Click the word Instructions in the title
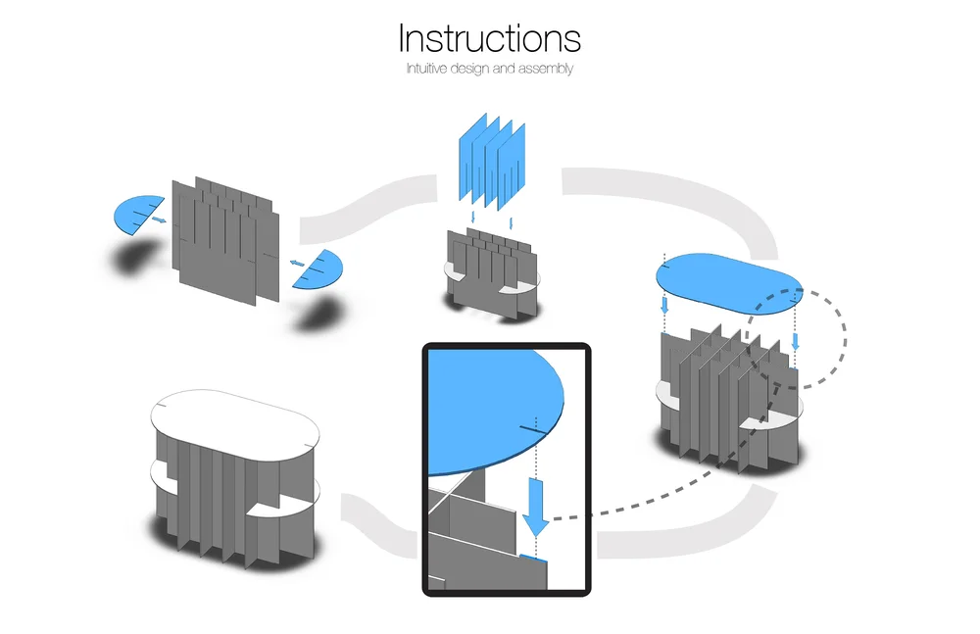pyautogui.click(x=489, y=38)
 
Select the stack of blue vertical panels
pyautogui.click(x=493, y=162)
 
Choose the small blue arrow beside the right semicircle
pyautogui.click(x=296, y=263)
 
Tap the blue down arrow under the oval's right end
pyautogui.click(x=795, y=340)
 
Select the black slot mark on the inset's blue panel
pyautogui.click(x=530, y=429)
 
